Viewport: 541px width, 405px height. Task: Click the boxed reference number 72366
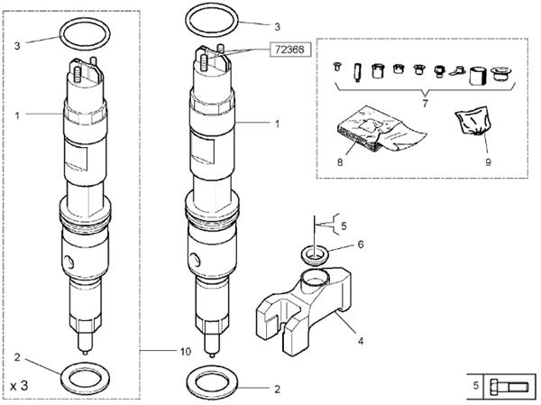pos(290,50)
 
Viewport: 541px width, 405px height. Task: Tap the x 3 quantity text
pos(19,385)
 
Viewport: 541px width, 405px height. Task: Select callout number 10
pos(185,352)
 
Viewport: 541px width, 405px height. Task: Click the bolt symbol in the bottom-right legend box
pos(509,386)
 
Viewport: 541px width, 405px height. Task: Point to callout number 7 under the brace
pos(425,103)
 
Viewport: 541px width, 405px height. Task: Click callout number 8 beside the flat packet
pos(340,161)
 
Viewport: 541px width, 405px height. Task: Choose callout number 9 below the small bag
pos(488,162)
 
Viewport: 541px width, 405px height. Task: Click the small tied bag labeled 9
pos(472,121)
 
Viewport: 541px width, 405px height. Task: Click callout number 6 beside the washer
pos(361,244)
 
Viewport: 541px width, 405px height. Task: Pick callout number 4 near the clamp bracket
pos(361,341)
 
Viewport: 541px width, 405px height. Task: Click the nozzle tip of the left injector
pos(86,353)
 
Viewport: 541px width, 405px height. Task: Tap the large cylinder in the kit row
pos(478,76)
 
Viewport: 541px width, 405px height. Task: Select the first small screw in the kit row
pos(336,66)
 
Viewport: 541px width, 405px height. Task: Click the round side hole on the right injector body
pos(195,260)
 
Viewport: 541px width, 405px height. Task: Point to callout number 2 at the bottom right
pos(277,389)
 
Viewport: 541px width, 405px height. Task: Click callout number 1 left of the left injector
pos(17,115)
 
